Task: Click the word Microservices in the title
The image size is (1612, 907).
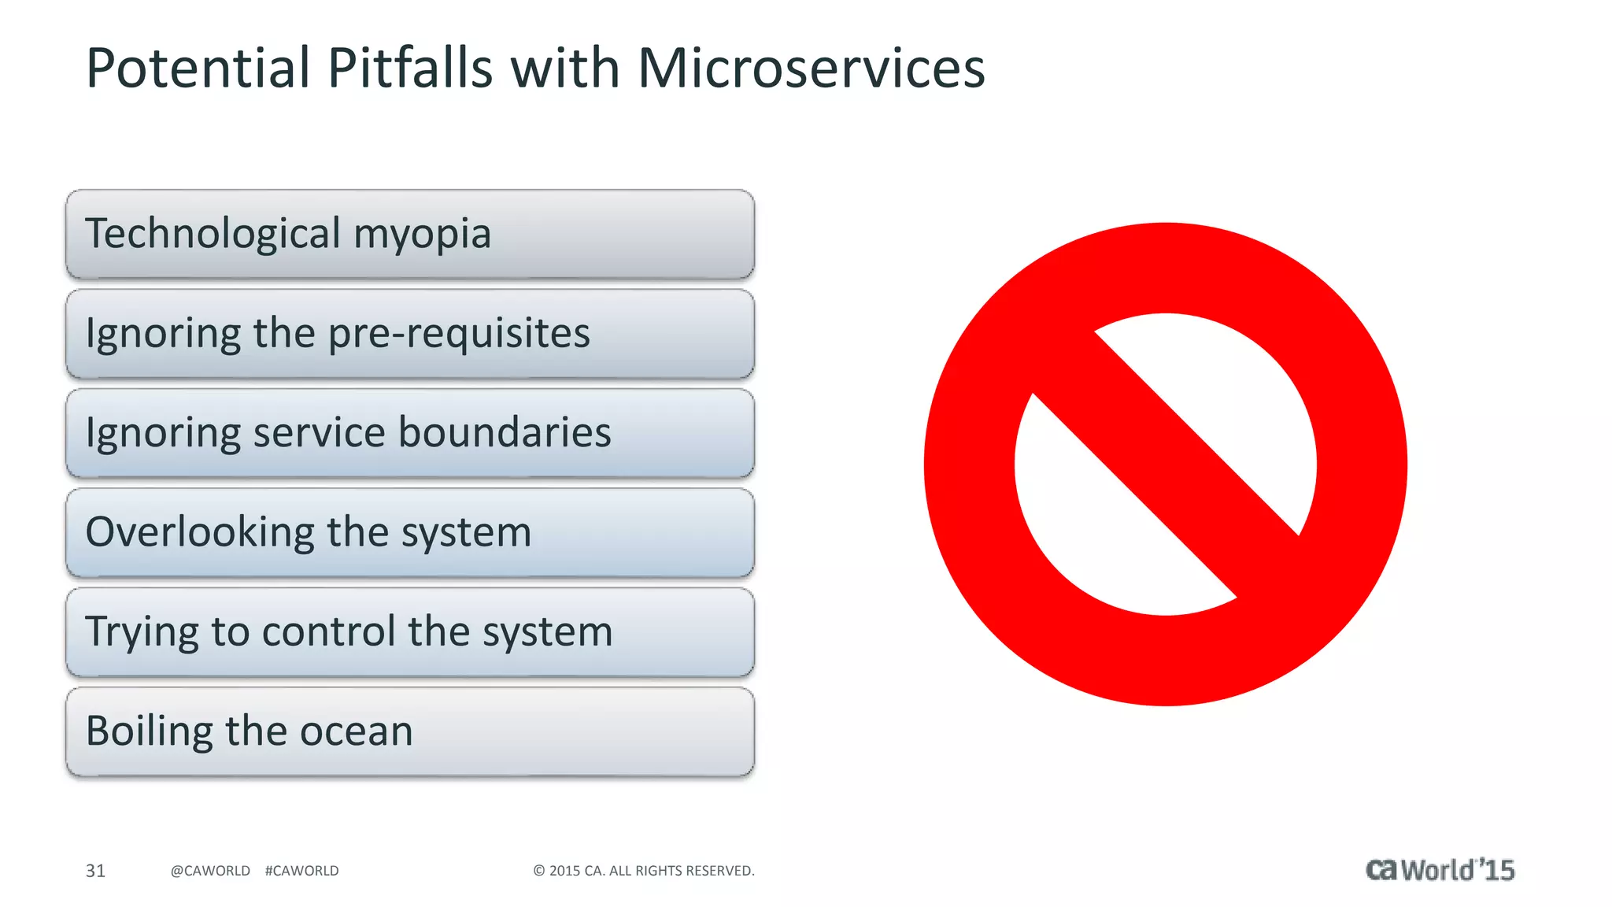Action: (811, 68)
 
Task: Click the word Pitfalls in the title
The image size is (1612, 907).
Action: (409, 68)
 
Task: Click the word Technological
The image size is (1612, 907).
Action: (213, 234)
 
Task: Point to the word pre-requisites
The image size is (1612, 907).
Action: (458, 334)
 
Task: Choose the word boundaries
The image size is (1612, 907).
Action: (505, 432)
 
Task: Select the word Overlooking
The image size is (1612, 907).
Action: (199, 532)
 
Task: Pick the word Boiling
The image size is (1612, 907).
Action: (150, 732)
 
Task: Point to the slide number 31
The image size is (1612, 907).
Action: (95, 871)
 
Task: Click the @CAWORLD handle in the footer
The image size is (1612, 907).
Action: (210, 871)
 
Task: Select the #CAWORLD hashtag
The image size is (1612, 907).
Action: (302, 871)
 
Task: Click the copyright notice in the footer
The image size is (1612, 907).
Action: (644, 871)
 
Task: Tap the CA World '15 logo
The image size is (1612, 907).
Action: (1440, 870)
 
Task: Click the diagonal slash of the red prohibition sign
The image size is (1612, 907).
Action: (1165, 465)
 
